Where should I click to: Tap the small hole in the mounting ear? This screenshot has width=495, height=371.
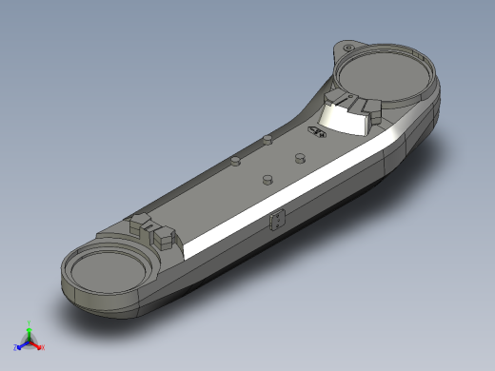click(x=348, y=47)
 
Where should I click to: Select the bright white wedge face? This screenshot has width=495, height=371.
click(x=340, y=118)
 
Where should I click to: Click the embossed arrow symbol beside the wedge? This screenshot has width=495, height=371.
click(x=317, y=133)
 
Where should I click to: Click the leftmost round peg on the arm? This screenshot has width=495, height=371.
click(x=234, y=161)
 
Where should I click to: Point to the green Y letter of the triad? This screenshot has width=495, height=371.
click(x=29, y=322)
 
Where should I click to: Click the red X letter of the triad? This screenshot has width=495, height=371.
click(x=43, y=347)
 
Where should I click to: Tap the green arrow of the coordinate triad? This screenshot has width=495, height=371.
click(x=29, y=332)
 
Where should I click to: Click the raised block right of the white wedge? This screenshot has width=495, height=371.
click(x=366, y=113)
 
